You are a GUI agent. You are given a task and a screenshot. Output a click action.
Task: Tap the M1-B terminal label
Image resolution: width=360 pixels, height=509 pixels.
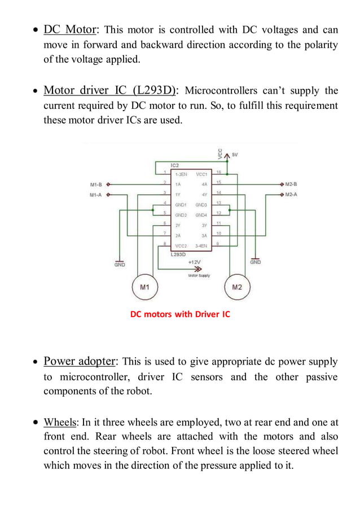[x=96, y=184]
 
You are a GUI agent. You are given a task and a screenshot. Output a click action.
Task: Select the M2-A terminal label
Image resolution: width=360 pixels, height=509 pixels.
[x=291, y=194]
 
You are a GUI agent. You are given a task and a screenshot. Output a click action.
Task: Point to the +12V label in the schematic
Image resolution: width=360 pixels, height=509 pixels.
[x=194, y=262]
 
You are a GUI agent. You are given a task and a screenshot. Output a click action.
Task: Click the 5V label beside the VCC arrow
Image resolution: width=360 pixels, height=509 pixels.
[x=234, y=154]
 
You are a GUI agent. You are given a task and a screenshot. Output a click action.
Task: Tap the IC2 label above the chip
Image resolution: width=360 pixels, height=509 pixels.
[x=175, y=165]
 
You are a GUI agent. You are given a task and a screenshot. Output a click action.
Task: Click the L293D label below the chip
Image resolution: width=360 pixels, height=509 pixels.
[x=178, y=255]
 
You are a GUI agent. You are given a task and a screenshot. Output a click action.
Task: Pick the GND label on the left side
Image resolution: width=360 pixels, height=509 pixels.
[x=120, y=265]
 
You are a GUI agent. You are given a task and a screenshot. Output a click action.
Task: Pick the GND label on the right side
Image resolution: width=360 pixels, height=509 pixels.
[x=256, y=262]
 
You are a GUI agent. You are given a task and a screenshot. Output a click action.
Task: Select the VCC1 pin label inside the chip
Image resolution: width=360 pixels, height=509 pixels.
[x=201, y=174]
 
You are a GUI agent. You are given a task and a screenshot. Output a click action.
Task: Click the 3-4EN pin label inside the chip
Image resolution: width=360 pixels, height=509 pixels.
[x=200, y=247]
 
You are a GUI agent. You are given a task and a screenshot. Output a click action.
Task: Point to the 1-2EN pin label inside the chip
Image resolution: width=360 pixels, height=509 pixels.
[x=182, y=174]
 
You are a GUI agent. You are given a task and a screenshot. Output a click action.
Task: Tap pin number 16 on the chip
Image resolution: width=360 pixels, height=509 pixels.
[x=218, y=172]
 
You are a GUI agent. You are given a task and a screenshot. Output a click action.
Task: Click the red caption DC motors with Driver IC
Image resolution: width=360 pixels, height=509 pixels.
[x=180, y=314]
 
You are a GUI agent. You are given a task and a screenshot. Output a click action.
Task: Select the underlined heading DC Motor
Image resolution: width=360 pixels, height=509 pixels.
[x=71, y=29]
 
